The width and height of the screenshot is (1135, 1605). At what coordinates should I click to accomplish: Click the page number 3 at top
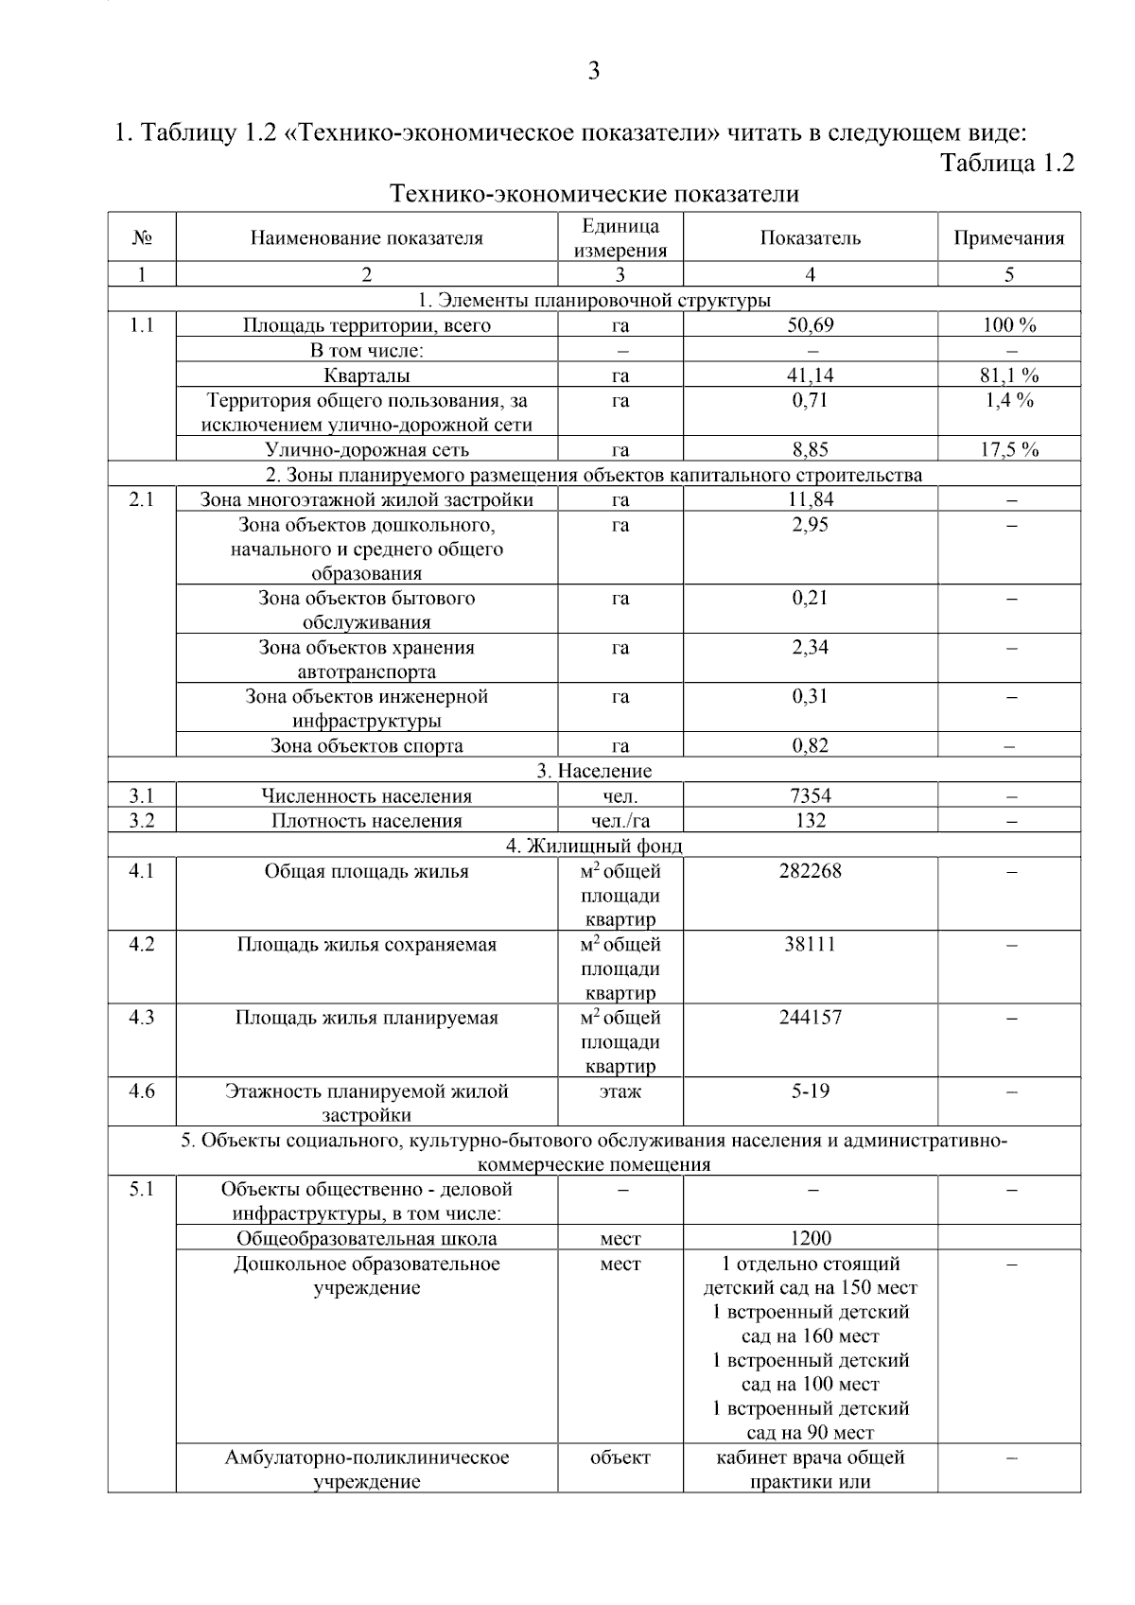coord(593,71)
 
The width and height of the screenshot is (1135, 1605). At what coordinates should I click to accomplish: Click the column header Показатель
coord(810,238)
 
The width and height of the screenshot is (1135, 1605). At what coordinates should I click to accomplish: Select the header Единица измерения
coord(620,238)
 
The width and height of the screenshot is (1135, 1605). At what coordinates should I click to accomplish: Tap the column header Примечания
coord(1008,238)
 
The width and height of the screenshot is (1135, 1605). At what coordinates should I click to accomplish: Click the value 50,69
coord(810,325)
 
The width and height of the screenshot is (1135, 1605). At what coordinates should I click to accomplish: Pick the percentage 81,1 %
coord(1008,375)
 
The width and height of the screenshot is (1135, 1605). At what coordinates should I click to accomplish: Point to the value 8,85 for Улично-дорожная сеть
coord(810,450)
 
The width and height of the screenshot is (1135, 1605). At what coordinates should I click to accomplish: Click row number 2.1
coord(142,499)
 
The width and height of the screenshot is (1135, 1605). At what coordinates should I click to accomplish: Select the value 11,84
coord(810,499)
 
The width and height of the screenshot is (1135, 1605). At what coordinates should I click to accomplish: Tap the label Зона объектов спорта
coord(367,746)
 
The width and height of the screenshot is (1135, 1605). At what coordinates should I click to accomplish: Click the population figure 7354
coord(810,796)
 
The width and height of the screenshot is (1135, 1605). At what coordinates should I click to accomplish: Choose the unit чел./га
coord(620,821)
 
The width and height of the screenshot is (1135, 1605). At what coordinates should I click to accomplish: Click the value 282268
coord(810,871)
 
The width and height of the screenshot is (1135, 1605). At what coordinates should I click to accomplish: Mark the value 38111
coord(810,945)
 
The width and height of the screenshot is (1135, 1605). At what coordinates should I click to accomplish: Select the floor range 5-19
coord(810,1091)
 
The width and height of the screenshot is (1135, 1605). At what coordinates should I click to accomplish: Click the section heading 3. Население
coord(594,771)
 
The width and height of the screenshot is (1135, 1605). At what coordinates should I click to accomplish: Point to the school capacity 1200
coord(810,1239)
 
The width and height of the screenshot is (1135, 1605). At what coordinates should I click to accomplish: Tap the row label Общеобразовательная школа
coord(367,1239)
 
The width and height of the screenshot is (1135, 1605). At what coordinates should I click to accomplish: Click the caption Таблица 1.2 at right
coord(1007,163)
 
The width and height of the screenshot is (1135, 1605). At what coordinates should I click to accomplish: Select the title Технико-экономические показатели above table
coord(594,195)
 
